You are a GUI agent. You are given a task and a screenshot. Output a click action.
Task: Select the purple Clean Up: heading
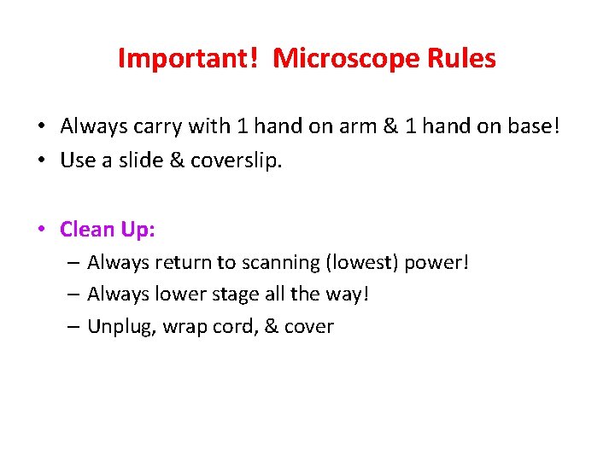[108, 230]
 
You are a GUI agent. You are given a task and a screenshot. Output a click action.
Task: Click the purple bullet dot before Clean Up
[42, 230]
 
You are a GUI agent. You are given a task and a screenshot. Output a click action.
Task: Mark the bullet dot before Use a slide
[42, 161]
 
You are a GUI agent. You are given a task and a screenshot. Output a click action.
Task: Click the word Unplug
[117, 327]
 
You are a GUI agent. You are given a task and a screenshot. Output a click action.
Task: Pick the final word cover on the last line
[308, 326]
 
